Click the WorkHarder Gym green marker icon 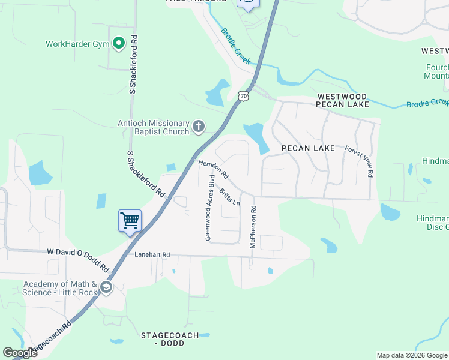[118, 43]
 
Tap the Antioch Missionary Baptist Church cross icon [199, 127]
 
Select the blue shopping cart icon [130, 221]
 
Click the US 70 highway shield [243, 96]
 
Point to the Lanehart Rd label [152, 255]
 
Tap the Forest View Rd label [360, 161]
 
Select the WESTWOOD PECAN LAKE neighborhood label [343, 100]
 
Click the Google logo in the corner [20, 353]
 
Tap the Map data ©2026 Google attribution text [412, 355]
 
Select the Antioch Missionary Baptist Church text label [154, 127]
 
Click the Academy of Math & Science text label [60, 288]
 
